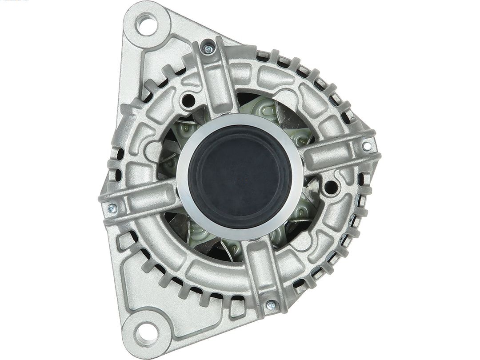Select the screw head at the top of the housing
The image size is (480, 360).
[208, 49]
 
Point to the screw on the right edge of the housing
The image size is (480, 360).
[367, 146]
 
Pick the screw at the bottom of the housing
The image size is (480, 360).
[271, 306]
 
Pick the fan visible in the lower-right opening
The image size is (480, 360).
[298, 222]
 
